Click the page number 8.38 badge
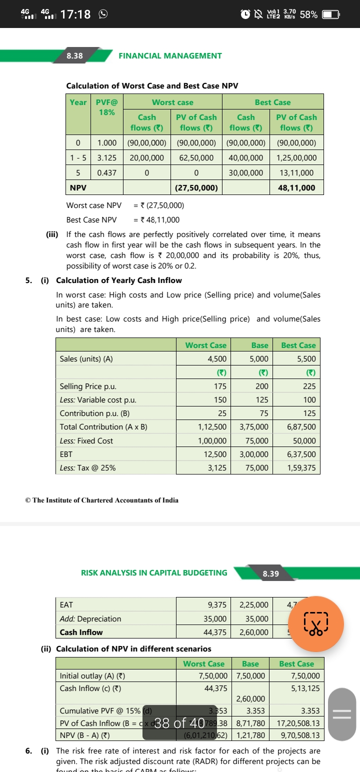pyautogui.click(x=75, y=56)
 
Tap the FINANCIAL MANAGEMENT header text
pyautogui.click(x=170, y=56)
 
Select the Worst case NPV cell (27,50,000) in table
pyautogui.click(x=195, y=188)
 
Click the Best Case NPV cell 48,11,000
pyautogui.click(x=297, y=188)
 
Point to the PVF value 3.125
pyautogui.click(x=106, y=157)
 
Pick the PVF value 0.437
pyautogui.click(x=106, y=172)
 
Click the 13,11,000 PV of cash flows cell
pyautogui.click(x=297, y=172)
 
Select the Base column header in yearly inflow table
pyautogui.click(x=259, y=345)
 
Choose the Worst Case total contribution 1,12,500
pyautogui.click(x=212, y=427)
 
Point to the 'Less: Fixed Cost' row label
pyautogui.click(x=86, y=441)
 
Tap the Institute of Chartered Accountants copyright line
pyautogui.click(x=101, y=500)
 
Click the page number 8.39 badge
pyautogui.click(x=270, y=573)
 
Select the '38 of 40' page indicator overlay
pyautogui.click(x=179, y=722)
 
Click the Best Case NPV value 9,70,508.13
pyautogui.click(x=297, y=735)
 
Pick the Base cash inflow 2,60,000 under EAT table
pyautogui.click(x=253, y=632)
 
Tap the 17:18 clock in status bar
pyautogui.click(x=75, y=14)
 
